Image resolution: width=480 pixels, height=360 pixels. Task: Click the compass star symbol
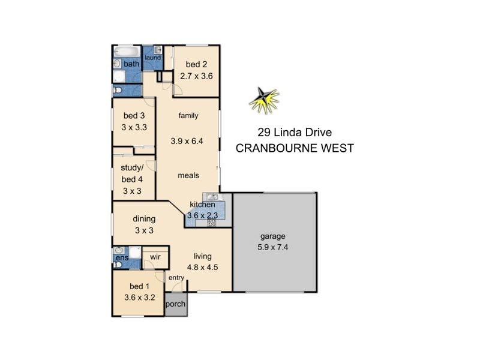click(x=265, y=100)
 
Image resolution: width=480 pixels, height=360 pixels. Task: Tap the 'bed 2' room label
click(x=196, y=65)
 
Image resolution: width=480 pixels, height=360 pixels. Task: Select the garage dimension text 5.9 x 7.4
click(x=274, y=246)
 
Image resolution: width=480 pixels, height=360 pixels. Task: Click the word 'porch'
click(x=176, y=304)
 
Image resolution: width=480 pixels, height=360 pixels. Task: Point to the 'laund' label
click(x=152, y=58)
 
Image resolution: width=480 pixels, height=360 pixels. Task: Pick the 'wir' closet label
click(x=155, y=257)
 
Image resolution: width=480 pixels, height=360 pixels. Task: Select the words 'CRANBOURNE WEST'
click(x=295, y=148)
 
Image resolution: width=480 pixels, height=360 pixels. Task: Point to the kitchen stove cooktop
click(x=211, y=221)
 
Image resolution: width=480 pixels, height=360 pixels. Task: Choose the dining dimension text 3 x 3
click(x=144, y=231)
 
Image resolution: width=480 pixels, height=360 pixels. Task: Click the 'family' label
click(x=188, y=116)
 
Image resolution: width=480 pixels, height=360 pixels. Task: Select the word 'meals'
click(x=188, y=175)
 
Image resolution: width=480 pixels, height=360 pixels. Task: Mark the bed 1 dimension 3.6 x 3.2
click(x=140, y=296)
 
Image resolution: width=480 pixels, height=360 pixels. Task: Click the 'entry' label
click(x=176, y=277)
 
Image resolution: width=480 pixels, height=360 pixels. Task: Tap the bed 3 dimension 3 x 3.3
click(x=134, y=127)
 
